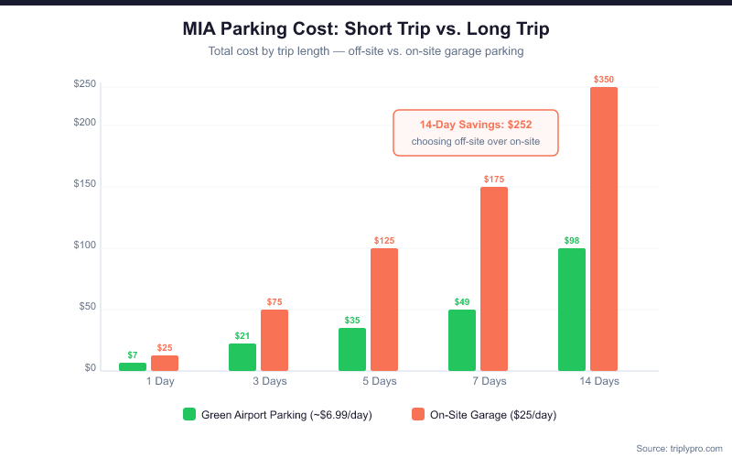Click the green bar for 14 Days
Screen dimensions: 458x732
point(572,309)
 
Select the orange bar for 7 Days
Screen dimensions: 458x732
point(494,278)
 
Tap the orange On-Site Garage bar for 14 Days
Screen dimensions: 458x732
point(604,229)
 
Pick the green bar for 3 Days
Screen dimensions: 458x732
point(242,356)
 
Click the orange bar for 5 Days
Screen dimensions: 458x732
point(384,309)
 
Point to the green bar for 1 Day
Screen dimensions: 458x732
point(133,366)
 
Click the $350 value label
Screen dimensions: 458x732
point(604,80)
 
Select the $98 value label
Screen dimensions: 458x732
point(572,241)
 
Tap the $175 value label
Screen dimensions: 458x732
point(494,180)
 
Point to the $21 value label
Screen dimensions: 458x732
point(242,336)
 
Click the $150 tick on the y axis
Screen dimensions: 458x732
point(85,187)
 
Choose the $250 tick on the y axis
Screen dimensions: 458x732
point(85,84)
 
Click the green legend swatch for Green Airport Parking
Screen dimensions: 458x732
point(189,414)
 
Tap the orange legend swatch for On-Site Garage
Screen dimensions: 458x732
point(418,414)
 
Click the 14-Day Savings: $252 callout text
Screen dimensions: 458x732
point(475,125)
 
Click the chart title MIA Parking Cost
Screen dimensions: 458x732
point(366,29)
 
